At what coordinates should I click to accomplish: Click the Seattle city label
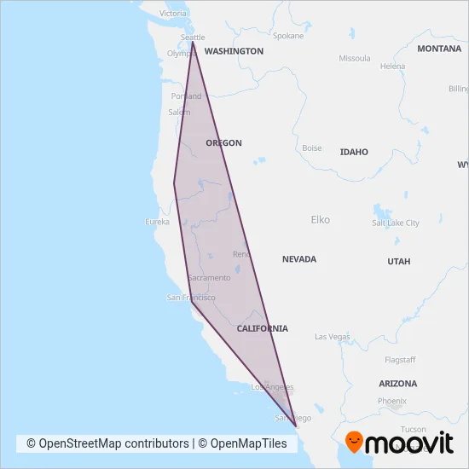(194, 38)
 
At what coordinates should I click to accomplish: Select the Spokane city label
(287, 37)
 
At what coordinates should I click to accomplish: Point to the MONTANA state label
(439, 49)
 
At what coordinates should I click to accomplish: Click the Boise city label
(311, 148)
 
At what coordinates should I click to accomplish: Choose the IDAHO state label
(354, 152)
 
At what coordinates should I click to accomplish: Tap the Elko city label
(320, 220)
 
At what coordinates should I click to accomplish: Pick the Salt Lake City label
(396, 223)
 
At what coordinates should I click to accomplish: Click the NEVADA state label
(299, 259)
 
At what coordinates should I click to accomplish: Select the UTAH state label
(398, 262)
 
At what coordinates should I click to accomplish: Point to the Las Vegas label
(333, 337)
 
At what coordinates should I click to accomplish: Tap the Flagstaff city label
(399, 359)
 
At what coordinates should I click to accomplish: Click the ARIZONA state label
(398, 384)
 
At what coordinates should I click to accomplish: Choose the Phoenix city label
(392, 401)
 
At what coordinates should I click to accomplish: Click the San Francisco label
(190, 298)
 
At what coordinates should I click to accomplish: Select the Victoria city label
(173, 14)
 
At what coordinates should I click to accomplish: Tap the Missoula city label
(355, 59)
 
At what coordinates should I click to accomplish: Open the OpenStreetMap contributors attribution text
(107, 443)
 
